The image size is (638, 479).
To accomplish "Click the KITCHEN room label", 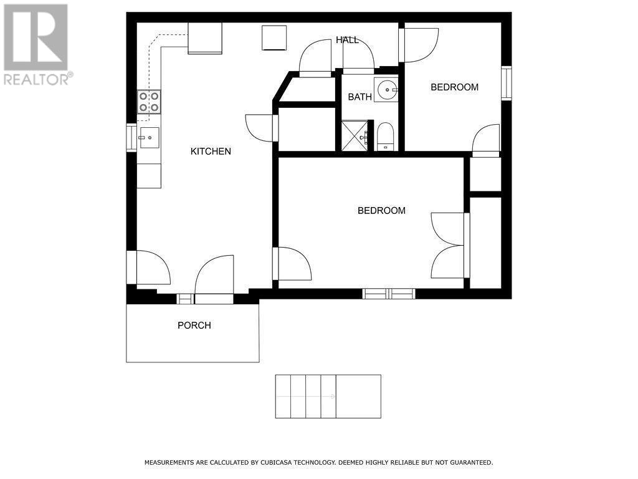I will pos(211,152).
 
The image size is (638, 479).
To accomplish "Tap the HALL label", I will pos(347,40).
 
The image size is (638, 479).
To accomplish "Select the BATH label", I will pos(359,97).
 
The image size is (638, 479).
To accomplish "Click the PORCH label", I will pos(194,326).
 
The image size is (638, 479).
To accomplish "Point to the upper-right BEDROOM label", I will pos(454,87).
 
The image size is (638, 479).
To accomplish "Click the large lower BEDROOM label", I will pos(381,211).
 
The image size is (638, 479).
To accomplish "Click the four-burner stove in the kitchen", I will pos(149,102).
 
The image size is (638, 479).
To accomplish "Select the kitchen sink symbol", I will pos(148,138).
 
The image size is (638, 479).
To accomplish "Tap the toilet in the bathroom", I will pos(385,137).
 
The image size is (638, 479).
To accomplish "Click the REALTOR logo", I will pos(36,44).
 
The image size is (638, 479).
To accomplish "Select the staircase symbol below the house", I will pos(328,397).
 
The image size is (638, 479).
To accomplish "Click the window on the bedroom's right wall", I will pos(507,83).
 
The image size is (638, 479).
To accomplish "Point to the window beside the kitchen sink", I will pos(131,138).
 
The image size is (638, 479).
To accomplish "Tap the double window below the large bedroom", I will pos(389,294).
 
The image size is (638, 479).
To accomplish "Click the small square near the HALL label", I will pos(274,37).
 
